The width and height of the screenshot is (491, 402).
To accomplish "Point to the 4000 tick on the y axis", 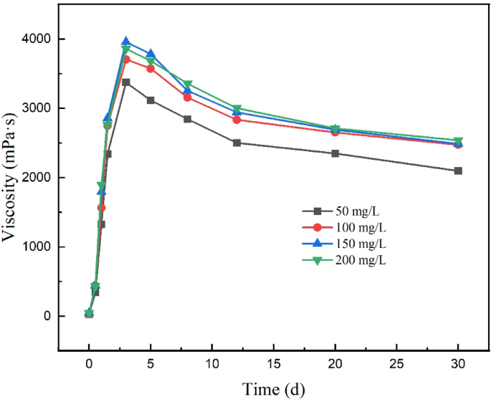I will pyautogui.click(x=37, y=39).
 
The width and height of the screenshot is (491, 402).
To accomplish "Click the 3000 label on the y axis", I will pyautogui.click(x=37, y=108).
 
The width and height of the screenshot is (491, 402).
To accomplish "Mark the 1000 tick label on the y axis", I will pyautogui.click(x=37, y=247).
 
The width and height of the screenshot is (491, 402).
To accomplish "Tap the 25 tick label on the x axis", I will pyautogui.click(x=396, y=363).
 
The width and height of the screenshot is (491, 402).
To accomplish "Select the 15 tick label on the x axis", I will pyautogui.click(x=273, y=363).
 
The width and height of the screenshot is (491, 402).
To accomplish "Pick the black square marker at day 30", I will pyautogui.click(x=458, y=171).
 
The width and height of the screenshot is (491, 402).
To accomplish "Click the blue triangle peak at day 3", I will pyautogui.click(x=126, y=42).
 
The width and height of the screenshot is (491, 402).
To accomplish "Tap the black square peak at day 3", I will pyautogui.click(x=126, y=82).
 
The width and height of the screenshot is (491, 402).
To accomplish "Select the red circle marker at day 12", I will pyautogui.click(x=237, y=120).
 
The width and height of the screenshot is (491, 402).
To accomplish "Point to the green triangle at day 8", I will pyautogui.click(x=187, y=85).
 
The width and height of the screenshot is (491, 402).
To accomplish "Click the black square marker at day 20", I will pyautogui.click(x=335, y=153).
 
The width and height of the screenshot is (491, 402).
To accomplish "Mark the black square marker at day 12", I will pyautogui.click(x=237, y=143).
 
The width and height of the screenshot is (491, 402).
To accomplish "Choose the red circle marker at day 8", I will pyautogui.click(x=187, y=97).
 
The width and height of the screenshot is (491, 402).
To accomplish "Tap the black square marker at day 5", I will pyautogui.click(x=151, y=100).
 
